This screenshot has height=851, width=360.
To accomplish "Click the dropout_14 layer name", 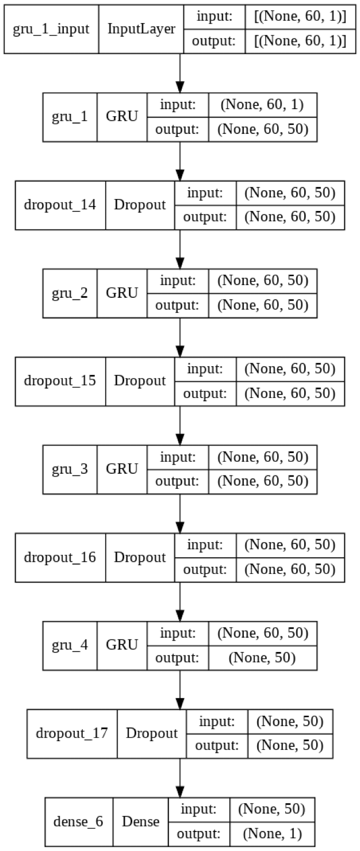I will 60,204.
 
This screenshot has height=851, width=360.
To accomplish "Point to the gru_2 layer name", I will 70,293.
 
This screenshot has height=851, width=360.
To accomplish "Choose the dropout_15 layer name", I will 60,381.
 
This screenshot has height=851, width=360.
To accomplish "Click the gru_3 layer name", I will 70,469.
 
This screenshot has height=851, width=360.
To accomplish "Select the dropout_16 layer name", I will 60,557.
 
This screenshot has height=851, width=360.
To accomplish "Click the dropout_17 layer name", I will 72,734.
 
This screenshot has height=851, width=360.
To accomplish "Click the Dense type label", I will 141,822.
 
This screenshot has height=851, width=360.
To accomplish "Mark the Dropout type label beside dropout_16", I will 139,557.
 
